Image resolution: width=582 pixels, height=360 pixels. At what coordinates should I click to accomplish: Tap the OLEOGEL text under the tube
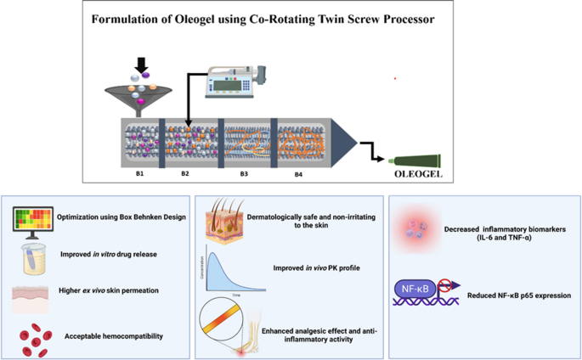point(419,175)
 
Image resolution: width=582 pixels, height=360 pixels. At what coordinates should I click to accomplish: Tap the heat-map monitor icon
point(30,220)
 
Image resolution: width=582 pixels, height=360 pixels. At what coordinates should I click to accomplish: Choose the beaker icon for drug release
point(31,257)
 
